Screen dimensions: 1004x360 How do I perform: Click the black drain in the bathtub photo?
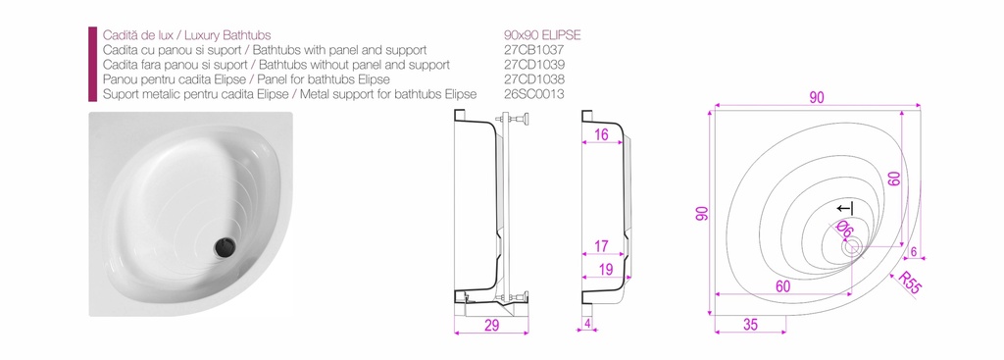pos(226,246)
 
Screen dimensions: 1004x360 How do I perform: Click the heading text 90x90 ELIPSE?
pos(542,35)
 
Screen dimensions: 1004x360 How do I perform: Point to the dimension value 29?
pos(492,325)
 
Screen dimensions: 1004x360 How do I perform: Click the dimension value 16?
pos(601,133)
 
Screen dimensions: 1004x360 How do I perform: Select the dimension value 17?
pos(601,246)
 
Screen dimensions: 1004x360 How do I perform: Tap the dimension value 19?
pos(606,269)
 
